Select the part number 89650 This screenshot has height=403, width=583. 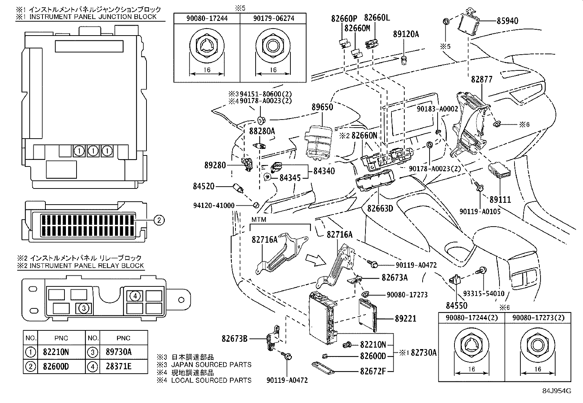[322, 107]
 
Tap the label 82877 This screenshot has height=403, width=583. [482, 79]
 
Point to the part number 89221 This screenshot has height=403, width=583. [405, 319]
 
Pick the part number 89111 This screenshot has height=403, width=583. [500, 199]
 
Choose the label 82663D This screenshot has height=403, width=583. [380, 208]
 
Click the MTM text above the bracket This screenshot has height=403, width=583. [259, 219]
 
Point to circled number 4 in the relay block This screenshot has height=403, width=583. [135, 295]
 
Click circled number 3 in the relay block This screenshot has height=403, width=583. [84, 308]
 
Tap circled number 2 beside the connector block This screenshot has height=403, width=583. [159, 220]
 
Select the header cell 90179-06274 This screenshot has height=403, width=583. [273, 18]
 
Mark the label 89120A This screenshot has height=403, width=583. [406, 34]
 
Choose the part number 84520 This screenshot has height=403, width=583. [204, 187]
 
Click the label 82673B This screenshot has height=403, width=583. [234, 338]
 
